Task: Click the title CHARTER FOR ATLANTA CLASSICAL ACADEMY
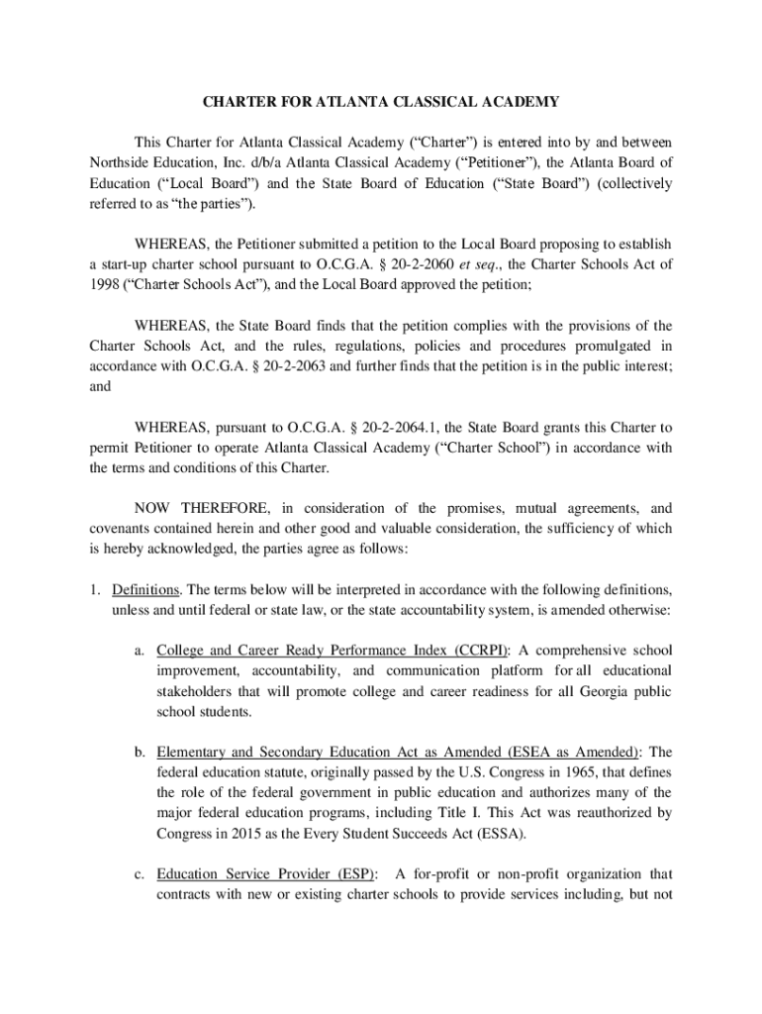381,102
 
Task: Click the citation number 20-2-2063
304,367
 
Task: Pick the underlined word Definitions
146,589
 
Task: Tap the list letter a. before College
142,651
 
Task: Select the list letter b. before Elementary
142,752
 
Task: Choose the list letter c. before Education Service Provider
142,874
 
